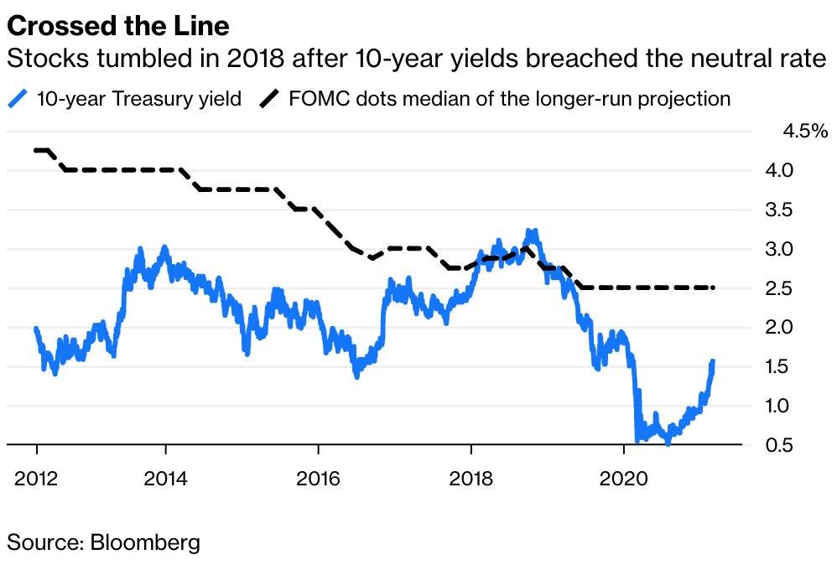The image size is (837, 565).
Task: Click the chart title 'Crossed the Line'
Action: pos(118,27)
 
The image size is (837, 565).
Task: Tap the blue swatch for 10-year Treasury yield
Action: pos(18,99)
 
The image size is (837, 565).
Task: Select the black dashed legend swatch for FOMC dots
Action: pos(269,99)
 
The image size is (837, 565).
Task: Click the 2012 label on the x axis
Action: pos(37,479)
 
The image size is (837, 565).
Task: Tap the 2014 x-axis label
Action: pos(167,479)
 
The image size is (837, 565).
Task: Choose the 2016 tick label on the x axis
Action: pos(319,479)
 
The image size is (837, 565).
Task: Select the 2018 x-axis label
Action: pos(471,479)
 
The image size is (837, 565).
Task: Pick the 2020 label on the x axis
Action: pos(624,479)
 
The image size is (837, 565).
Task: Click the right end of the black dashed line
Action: pos(713,288)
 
